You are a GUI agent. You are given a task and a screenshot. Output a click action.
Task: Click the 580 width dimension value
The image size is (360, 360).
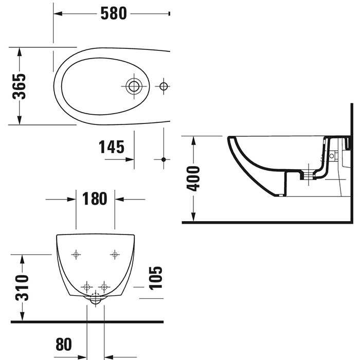(x=113, y=13)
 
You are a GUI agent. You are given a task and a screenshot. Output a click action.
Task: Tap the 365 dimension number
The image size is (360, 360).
(x=19, y=86)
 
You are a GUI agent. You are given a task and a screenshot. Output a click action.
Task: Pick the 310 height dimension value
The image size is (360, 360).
(x=22, y=288)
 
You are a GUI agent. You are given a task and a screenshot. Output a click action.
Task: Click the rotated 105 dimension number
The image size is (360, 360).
(x=155, y=278)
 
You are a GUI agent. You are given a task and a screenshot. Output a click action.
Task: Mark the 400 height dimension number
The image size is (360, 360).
(x=193, y=178)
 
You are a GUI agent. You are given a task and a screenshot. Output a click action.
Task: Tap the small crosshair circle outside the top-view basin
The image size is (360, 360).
(x=164, y=86)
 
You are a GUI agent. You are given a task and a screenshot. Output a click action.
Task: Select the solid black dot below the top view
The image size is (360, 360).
(x=164, y=159)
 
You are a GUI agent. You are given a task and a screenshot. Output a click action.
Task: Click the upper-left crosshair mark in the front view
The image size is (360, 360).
(x=76, y=254)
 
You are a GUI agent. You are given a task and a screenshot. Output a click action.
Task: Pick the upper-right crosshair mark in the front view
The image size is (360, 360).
(x=115, y=254)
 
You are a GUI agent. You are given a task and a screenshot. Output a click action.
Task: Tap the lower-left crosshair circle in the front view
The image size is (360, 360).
(x=86, y=286)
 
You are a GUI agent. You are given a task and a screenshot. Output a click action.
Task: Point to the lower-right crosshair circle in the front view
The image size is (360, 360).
(x=104, y=286)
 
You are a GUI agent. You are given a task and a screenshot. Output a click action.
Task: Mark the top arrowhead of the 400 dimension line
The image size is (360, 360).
(x=193, y=139)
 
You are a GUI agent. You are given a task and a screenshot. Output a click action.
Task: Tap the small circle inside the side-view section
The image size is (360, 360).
(x=332, y=154)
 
